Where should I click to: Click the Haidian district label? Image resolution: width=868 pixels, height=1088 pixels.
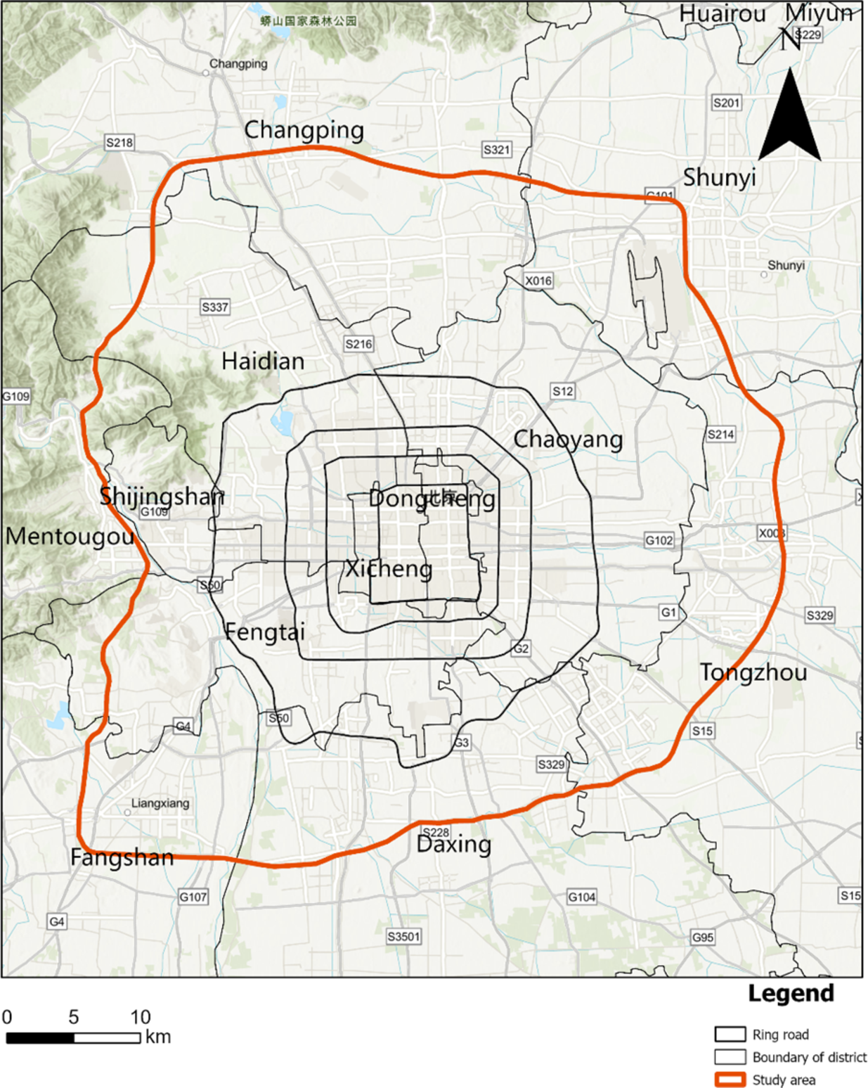263,361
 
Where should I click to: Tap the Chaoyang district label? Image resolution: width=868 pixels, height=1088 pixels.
568,440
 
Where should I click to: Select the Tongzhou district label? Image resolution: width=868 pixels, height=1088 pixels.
753,672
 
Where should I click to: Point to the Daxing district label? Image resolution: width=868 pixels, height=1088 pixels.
453,844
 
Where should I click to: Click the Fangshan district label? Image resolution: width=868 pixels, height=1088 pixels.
122,857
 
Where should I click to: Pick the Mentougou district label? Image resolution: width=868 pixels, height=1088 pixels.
70,537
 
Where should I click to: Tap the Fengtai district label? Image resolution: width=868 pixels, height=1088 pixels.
265,632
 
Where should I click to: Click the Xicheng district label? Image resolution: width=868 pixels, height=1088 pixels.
388,568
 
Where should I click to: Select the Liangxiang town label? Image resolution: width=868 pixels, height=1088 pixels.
160,803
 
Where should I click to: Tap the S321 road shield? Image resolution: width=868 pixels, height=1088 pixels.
497,149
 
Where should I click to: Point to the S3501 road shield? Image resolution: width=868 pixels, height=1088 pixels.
404,936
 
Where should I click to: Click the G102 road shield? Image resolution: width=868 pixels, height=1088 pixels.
659,540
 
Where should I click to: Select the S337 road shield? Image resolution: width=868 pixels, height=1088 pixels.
215,307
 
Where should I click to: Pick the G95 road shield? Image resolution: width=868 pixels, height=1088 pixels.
703,937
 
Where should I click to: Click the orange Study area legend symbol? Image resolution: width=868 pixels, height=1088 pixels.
730,1080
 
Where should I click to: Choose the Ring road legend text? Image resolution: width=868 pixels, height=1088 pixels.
780,1035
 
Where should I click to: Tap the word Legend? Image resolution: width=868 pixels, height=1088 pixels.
791,993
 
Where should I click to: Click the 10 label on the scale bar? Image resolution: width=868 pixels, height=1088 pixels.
141,1017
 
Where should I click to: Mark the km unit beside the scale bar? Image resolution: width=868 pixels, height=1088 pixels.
158,1037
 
